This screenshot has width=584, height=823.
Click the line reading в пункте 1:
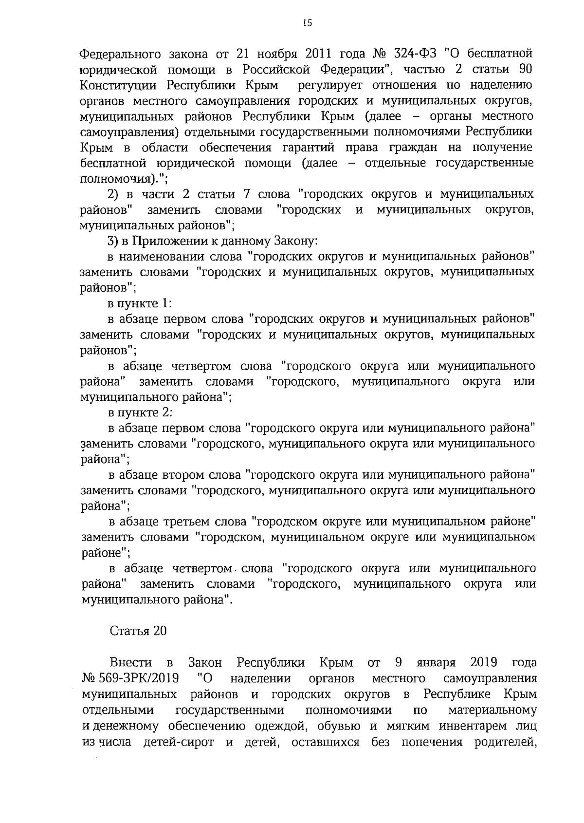click(x=140, y=303)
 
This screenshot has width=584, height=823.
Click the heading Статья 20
click(x=138, y=631)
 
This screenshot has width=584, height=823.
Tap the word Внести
click(x=131, y=663)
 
